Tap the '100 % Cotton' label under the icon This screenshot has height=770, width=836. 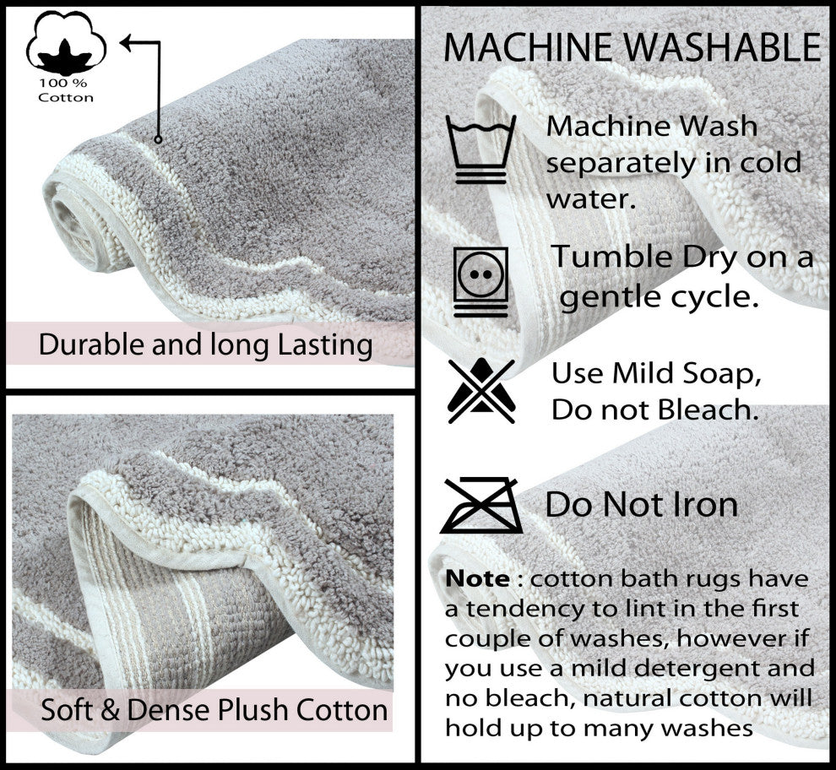coord(65,90)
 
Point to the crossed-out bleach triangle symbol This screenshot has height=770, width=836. coord(481,390)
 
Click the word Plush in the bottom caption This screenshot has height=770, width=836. coord(245,709)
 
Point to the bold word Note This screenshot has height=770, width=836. coord(477,579)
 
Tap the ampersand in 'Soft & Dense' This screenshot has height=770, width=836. coord(110,710)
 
